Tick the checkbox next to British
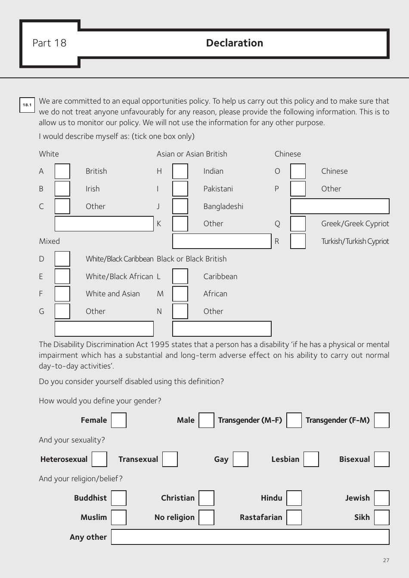pyautogui.click(x=62, y=171)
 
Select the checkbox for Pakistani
pyautogui.click(x=180, y=189)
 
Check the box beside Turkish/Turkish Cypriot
pyautogui.click(x=298, y=241)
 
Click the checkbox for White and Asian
pyautogui.click(x=62, y=294)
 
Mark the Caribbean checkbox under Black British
pyautogui.click(x=180, y=277)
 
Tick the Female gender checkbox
pyautogui.click(x=119, y=420)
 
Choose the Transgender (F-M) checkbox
pyautogui.click(x=381, y=420)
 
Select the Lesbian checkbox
pyautogui.click(x=311, y=459)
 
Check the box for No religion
pyautogui.click(x=206, y=517)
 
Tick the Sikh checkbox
pyautogui.click(x=381, y=517)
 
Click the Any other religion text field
pyautogui.click(x=250, y=537)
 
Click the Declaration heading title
pyautogui.click(x=235, y=43)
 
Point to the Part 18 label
pyautogui.click(x=50, y=43)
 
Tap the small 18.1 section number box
pyautogui.click(x=27, y=105)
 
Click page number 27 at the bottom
pyautogui.click(x=386, y=560)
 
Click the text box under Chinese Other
pyautogui.click(x=340, y=206)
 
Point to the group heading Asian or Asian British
pyautogui.click(x=192, y=154)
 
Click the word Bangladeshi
pyautogui.click(x=223, y=206)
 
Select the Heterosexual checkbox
pyautogui.click(x=99, y=459)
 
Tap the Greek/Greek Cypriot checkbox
pyautogui.click(x=298, y=224)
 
